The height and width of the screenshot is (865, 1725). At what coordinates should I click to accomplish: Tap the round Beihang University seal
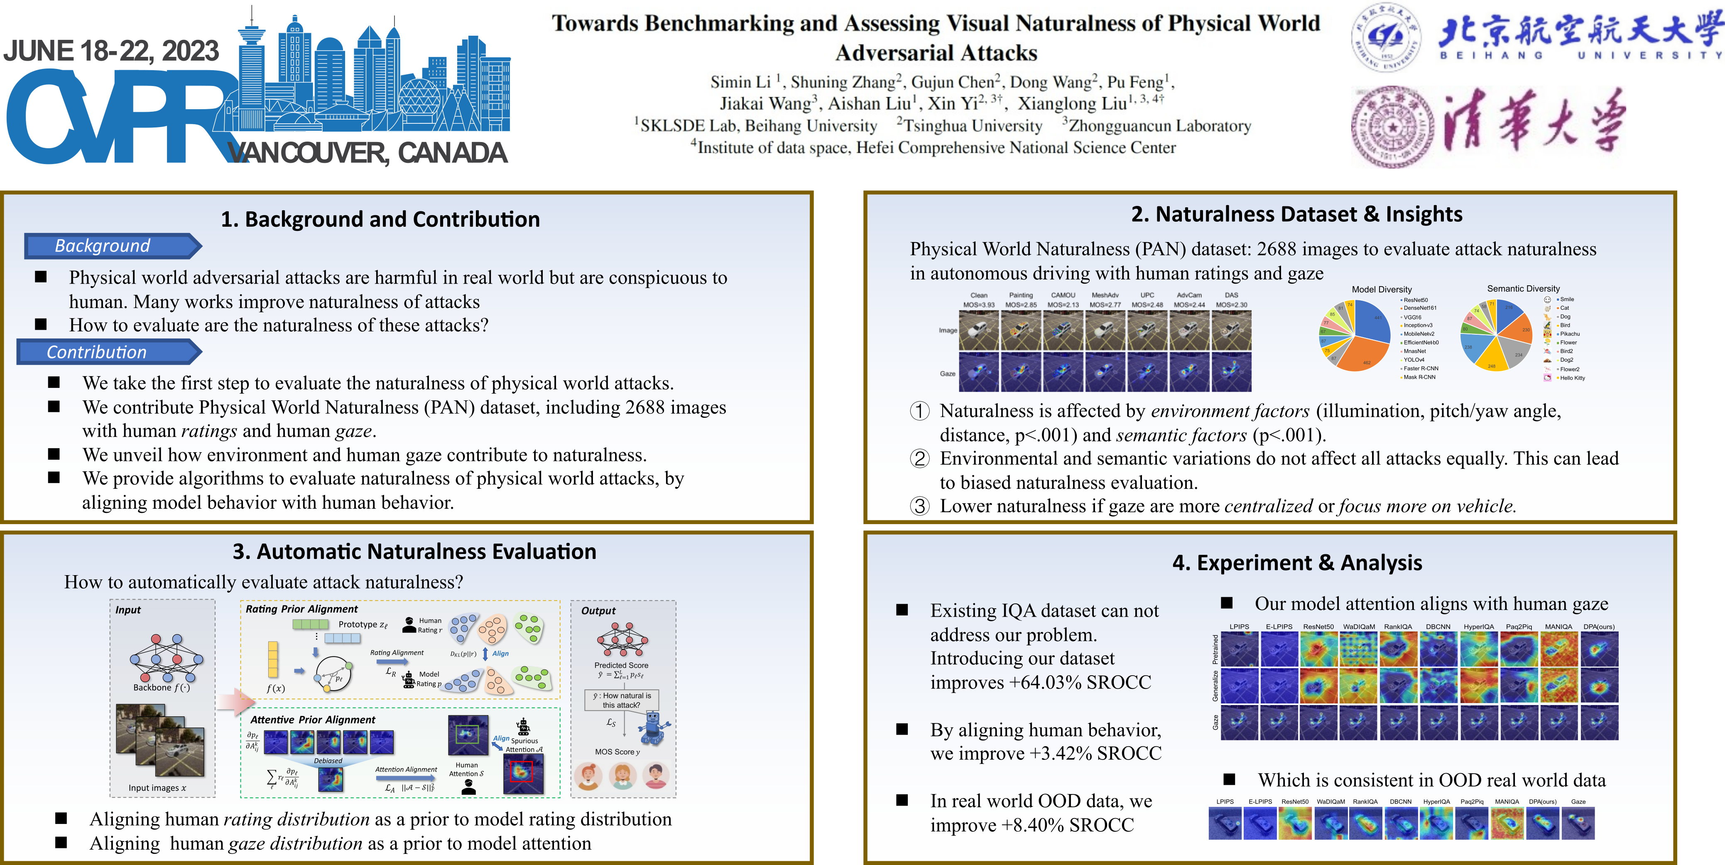pos(1385,37)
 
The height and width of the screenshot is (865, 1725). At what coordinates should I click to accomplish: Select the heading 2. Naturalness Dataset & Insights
pos(1296,214)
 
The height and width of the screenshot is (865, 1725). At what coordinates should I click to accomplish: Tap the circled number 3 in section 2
pos(919,506)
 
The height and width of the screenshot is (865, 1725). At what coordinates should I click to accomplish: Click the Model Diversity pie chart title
pos(1382,289)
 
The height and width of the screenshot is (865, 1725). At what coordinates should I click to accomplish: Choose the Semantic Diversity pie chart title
pos(1524,289)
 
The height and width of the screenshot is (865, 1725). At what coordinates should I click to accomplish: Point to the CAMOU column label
pos(1063,295)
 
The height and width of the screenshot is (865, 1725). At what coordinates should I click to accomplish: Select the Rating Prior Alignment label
pos(301,609)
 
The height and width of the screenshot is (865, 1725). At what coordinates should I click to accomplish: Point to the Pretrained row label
pos(1215,649)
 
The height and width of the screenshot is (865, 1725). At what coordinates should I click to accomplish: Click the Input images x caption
pos(157,788)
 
